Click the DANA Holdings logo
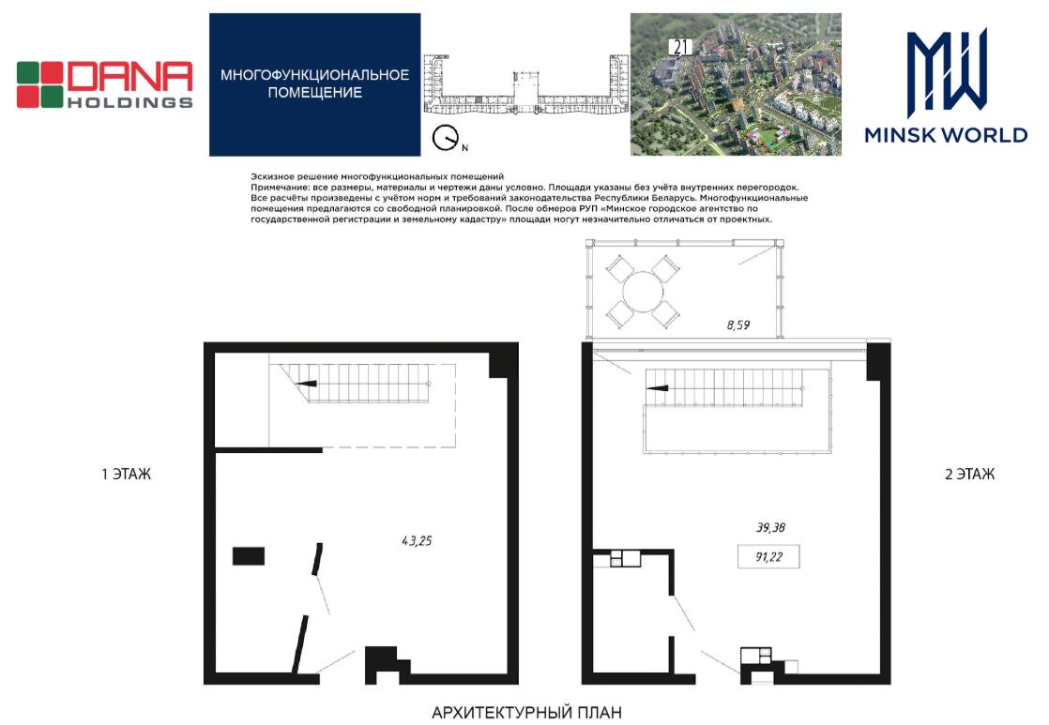(x=104, y=84)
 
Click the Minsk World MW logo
(x=946, y=85)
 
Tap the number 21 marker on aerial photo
(x=681, y=47)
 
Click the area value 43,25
(x=417, y=540)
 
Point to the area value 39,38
(x=770, y=528)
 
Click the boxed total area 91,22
(x=768, y=556)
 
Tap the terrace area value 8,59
(x=737, y=325)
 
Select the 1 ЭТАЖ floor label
(x=127, y=475)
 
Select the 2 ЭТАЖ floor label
(x=969, y=475)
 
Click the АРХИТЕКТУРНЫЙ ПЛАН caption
(x=526, y=712)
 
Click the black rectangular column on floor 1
(x=249, y=556)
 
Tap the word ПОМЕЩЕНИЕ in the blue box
(x=314, y=92)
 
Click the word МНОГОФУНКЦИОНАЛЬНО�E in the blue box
(x=314, y=74)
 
